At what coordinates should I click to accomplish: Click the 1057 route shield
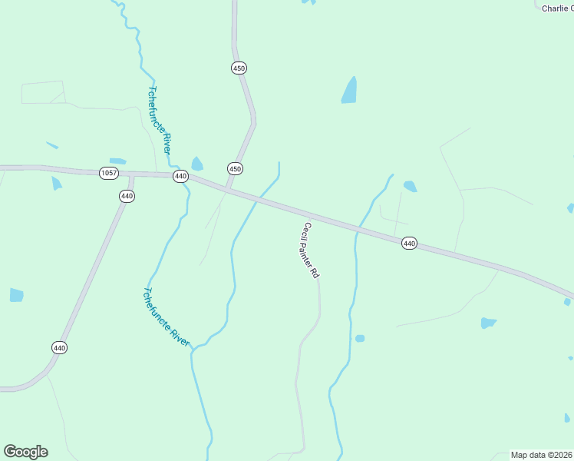(109, 173)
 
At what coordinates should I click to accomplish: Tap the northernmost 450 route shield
(239, 68)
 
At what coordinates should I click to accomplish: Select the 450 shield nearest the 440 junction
(235, 168)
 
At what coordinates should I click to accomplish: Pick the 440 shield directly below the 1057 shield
(127, 196)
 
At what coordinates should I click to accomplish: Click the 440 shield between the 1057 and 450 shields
(180, 176)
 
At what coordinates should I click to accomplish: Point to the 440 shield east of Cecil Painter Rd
(409, 244)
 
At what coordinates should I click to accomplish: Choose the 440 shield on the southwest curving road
(60, 347)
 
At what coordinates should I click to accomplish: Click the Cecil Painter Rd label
(311, 250)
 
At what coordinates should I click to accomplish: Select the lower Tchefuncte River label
(166, 317)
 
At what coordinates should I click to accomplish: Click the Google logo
(25, 452)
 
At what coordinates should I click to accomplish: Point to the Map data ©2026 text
(541, 455)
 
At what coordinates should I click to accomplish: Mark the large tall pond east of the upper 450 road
(349, 91)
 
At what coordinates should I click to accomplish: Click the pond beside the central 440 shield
(197, 164)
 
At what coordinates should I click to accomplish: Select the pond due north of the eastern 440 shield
(410, 186)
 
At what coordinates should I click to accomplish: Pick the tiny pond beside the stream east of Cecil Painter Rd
(359, 338)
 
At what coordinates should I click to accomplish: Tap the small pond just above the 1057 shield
(117, 161)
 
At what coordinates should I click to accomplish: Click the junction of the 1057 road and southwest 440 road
(131, 176)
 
